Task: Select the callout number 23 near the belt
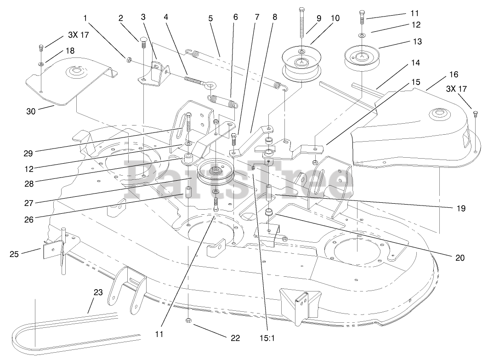(x=97, y=292)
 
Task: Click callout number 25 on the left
(x=15, y=253)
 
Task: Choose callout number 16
(x=454, y=74)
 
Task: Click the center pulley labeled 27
(x=215, y=171)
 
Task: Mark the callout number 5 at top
(x=210, y=19)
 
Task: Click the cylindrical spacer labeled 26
(x=188, y=191)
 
